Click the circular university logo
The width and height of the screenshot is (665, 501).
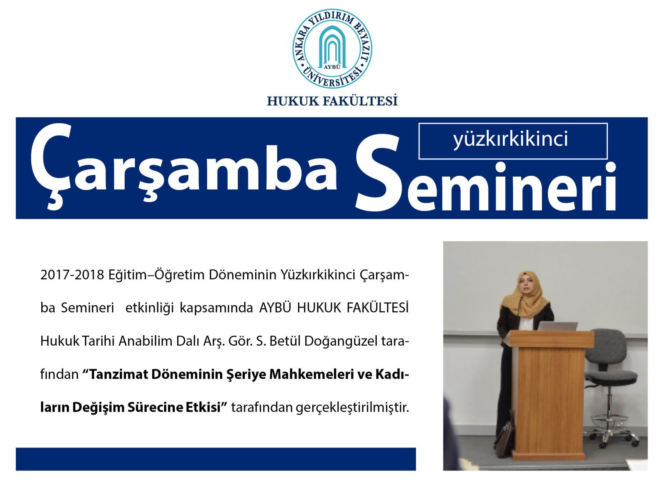click(332, 48)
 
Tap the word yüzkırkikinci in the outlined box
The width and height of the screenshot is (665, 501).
click(510, 139)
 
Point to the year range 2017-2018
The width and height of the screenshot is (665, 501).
click(72, 275)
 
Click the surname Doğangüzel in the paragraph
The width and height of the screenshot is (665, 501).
click(340, 342)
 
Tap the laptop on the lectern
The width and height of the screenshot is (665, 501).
click(557, 326)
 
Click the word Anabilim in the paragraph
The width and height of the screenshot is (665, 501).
click(145, 341)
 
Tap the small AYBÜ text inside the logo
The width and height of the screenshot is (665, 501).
click(332, 67)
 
